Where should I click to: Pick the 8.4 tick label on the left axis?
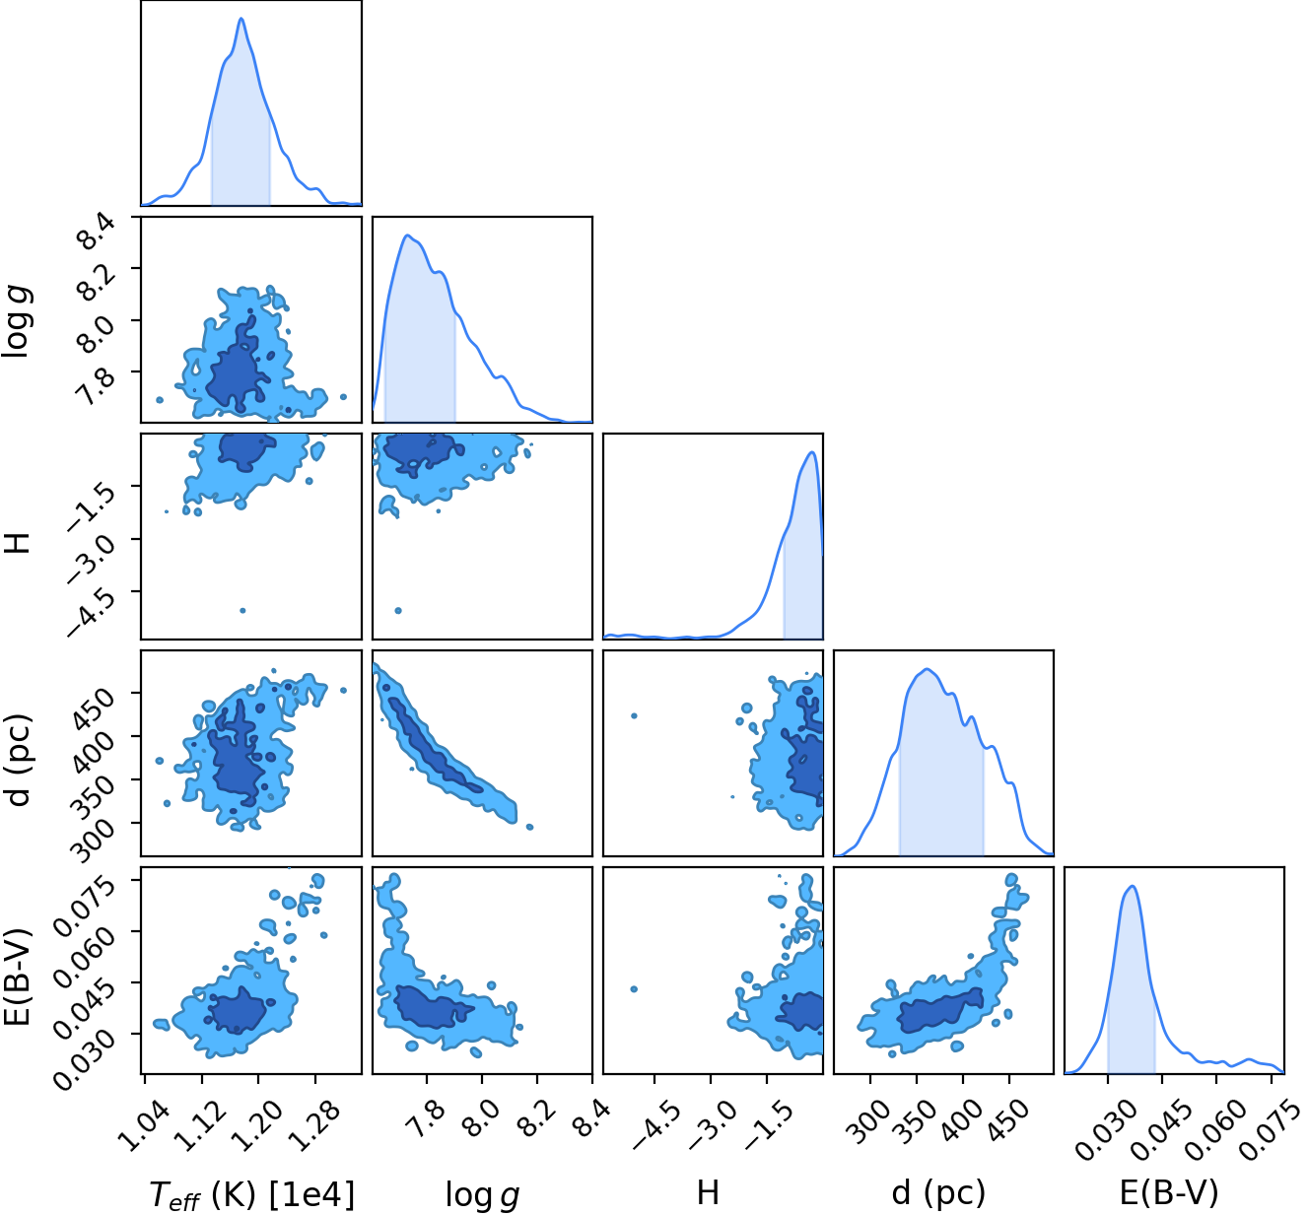97,234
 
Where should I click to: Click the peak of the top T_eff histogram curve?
241,19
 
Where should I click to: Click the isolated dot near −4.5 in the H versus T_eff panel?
242,611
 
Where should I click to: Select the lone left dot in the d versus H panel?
634,715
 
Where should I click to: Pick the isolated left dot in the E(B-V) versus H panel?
634,989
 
